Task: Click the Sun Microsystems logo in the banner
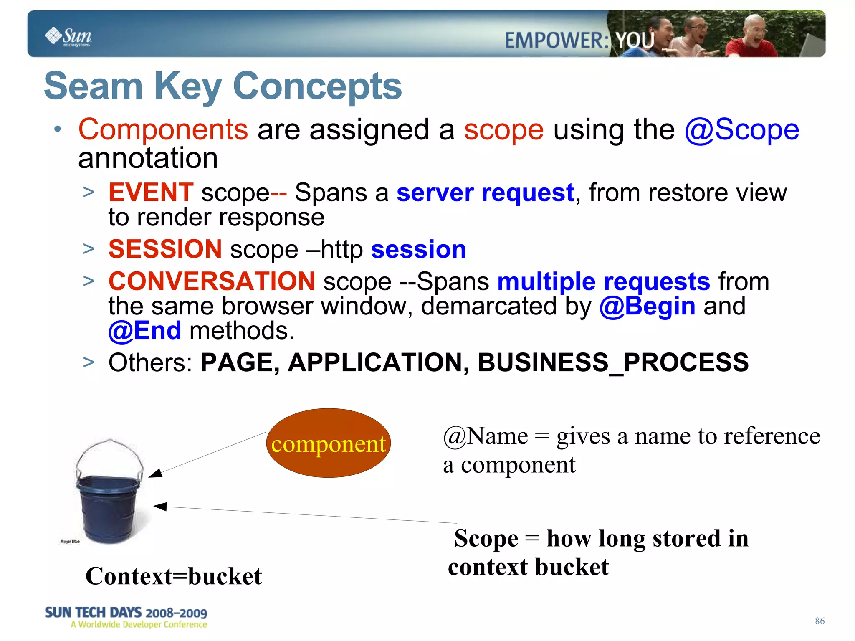coord(68,36)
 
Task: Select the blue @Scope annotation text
coord(741,129)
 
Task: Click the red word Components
coord(163,129)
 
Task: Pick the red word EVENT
coord(151,193)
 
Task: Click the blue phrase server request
coord(485,193)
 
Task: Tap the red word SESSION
coord(165,249)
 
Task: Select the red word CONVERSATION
coord(212,281)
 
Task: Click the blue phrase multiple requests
coord(603,281)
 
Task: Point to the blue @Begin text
coord(647,306)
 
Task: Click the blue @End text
coord(145,331)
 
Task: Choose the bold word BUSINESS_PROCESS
coord(613,362)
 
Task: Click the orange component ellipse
coord(328,443)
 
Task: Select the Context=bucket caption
coord(173,576)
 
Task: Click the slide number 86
coord(819,621)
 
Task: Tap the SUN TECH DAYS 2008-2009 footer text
coord(126,613)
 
